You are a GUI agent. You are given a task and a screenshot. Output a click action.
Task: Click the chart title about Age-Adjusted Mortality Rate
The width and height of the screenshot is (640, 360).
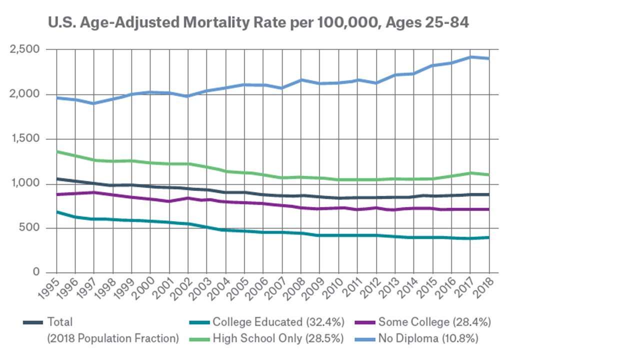[258, 23]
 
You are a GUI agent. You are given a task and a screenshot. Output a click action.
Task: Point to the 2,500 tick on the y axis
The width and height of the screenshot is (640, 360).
[25, 49]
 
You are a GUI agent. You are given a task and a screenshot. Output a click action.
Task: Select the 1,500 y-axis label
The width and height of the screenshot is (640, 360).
[25, 139]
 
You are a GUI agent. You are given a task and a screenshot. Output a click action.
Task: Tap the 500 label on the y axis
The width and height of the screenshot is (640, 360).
[31, 228]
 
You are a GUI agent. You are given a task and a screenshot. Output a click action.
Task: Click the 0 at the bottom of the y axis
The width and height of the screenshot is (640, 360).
[36, 272]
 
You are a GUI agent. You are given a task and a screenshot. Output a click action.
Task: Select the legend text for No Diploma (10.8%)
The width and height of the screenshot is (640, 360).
[428, 338]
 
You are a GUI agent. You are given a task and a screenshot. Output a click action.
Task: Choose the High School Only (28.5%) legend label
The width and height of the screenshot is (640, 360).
[278, 338]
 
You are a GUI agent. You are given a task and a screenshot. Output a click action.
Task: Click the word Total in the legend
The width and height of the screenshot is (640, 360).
[59, 322]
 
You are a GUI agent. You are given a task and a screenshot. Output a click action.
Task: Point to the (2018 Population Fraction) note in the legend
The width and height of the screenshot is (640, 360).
[113, 338]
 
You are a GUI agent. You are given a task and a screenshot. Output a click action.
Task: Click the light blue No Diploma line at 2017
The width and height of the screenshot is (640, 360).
[470, 57]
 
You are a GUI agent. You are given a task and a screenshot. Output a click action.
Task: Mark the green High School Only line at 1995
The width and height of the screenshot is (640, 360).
[57, 151]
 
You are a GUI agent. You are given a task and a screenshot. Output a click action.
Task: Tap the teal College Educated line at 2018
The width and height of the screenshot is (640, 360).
[489, 237]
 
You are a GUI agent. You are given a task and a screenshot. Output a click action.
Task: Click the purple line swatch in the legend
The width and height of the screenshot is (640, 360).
[365, 322]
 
